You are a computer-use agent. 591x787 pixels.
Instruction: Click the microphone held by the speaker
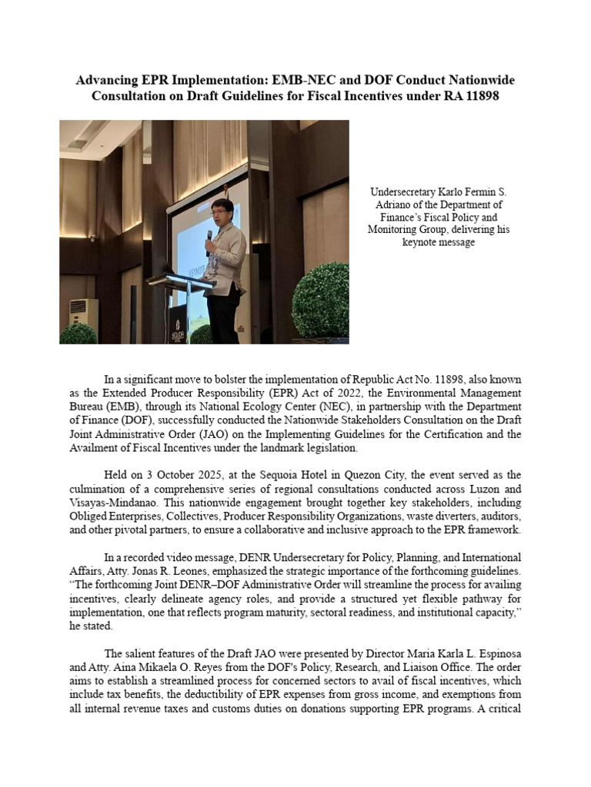coord(209,237)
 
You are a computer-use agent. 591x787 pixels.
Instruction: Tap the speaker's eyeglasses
coord(222,210)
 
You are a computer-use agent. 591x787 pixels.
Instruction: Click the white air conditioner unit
coord(83,311)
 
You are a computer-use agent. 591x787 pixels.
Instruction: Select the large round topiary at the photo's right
coord(320,301)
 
